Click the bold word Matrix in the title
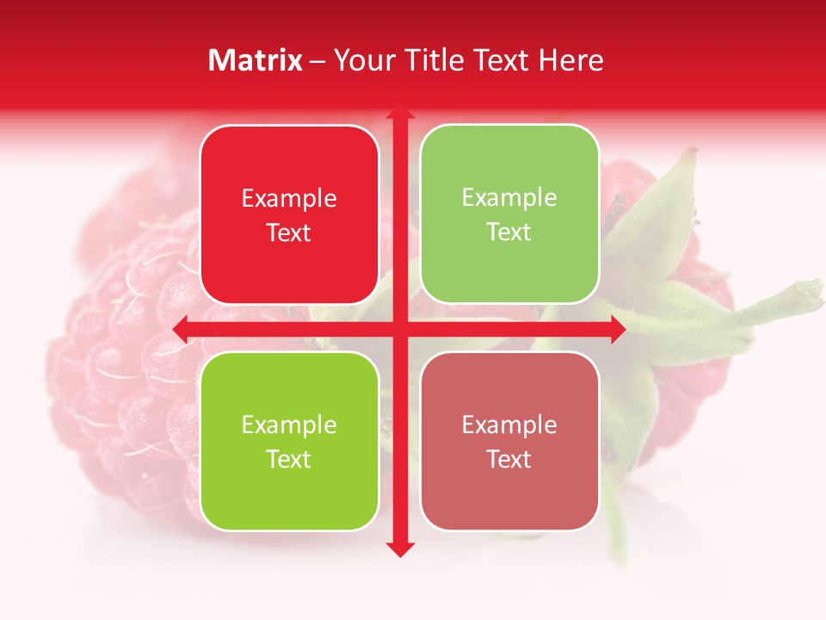[x=256, y=60]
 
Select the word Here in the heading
[x=571, y=60]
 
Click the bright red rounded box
[x=289, y=214]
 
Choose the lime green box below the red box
[x=289, y=441]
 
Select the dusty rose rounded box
[x=509, y=441]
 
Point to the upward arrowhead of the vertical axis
[x=399, y=114]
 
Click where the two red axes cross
[x=399, y=329]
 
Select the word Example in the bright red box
[x=289, y=199]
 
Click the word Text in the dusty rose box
[x=509, y=459]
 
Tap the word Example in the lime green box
[x=289, y=425]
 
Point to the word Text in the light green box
[x=509, y=232]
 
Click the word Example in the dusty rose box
[x=509, y=425]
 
